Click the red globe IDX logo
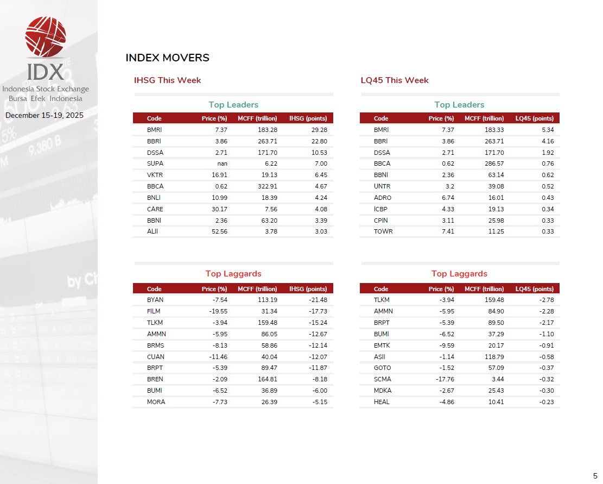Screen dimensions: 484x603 46,36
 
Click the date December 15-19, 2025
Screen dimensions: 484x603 45,116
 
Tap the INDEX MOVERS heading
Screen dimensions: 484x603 167,58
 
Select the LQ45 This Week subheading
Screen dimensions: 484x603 395,80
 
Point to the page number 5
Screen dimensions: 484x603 595,474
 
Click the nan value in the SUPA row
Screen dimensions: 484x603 221,164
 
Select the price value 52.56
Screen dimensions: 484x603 219,232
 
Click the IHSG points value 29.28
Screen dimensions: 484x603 319,130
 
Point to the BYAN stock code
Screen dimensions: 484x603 155,300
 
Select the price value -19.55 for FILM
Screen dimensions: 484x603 218,311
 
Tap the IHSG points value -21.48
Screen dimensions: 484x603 317,300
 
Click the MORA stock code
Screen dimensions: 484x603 156,402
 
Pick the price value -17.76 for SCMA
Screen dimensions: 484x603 445,379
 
